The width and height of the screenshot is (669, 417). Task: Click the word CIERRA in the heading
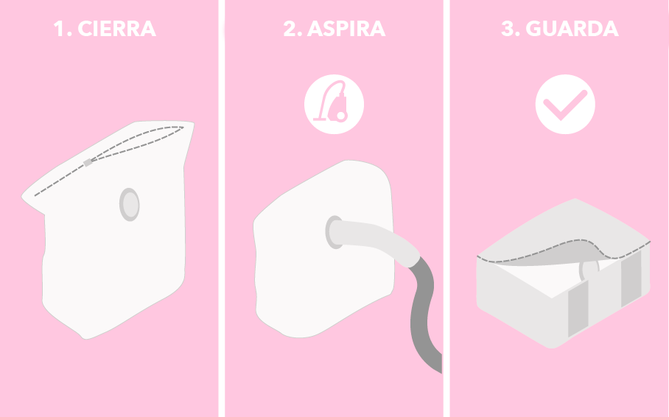(117, 29)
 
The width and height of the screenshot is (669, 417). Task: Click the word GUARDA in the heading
(572, 29)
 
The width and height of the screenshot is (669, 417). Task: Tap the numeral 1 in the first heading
(58, 29)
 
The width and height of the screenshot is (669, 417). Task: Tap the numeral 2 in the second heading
(290, 29)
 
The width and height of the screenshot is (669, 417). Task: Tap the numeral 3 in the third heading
(508, 29)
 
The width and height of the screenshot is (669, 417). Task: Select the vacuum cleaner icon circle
(334, 104)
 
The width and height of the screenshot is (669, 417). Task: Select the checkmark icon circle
(565, 104)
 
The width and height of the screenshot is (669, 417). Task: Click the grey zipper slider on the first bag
(88, 163)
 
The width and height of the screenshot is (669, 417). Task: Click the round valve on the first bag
(130, 205)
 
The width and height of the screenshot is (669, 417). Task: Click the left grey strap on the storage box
(578, 309)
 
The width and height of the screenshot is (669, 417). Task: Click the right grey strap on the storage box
(631, 278)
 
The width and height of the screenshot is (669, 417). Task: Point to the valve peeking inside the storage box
(589, 270)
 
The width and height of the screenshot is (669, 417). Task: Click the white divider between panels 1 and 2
(222, 208)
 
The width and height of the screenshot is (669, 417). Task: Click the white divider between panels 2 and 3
(446, 208)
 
